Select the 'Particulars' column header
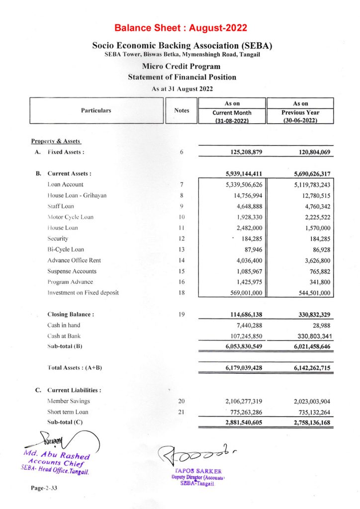[x=96, y=110]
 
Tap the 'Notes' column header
[x=181, y=110]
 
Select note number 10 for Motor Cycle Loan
[x=181, y=217]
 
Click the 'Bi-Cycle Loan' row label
[x=66, y=250]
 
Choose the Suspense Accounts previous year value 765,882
[x=316, y=271]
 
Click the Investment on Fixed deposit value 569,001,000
[x=243, y=293]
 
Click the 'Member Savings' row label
[x=69, y=401]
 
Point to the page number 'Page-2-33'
[x=45, y=489]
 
